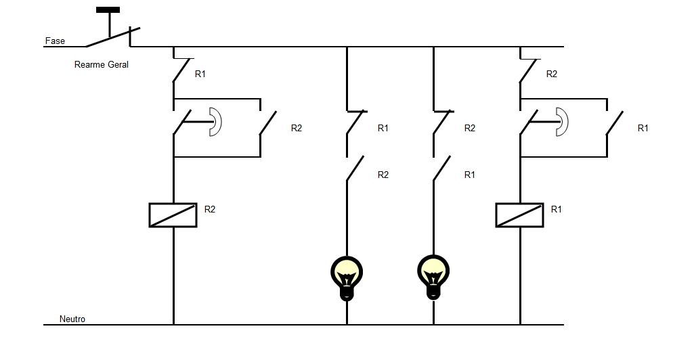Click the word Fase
tap(55, 41)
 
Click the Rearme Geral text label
tap(101, 65)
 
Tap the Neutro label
tap(72, 319)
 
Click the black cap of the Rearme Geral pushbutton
tap(108, 10)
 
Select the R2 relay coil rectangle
tap(173, 215)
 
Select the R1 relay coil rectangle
tap(519, 215)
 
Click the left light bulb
tap(347, 276)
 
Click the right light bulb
tap(433, 276)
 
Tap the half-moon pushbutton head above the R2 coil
tap(215, 122)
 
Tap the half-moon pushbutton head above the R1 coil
tap(562, 122)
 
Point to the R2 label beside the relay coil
tap(210, 210)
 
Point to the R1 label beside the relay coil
tap(557, 210)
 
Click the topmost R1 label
tap(200, 74)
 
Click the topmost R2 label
tap(552, 74)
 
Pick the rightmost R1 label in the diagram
tap(643, 129)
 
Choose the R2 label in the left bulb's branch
tap(383, 175)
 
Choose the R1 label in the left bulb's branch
tap(383, 129)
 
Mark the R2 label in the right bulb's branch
tap(470, 129)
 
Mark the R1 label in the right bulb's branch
tap(470, 175)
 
